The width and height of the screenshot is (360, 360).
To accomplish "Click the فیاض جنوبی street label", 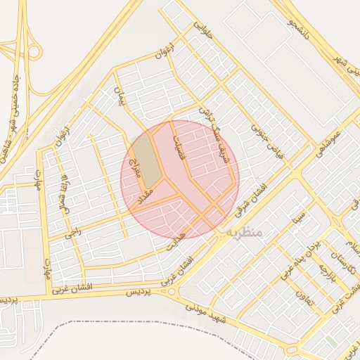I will tap(267, 145).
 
